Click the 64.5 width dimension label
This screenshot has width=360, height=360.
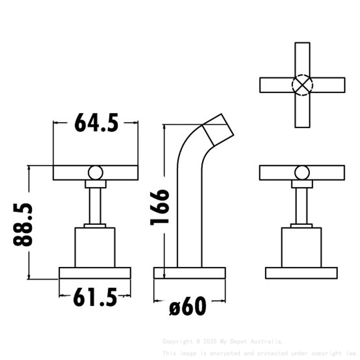click(x=96, y=123)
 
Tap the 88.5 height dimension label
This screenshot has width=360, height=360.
click(x=23, y=224)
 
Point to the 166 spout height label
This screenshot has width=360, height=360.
click(x=160, y=207)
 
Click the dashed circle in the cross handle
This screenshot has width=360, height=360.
click(x=302, y=85)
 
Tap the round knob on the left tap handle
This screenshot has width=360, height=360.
click(x=95, y=173)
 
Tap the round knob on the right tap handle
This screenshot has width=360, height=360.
click(x=302, y=173)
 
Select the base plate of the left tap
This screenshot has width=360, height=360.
click(x=95, y=273)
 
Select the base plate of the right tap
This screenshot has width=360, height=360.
click(x=301, y=273)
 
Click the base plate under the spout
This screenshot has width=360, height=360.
click(x=189, y=273)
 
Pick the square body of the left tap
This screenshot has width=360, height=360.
click(x=95, y=247)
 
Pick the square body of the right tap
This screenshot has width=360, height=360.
click(x=301, y=247)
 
